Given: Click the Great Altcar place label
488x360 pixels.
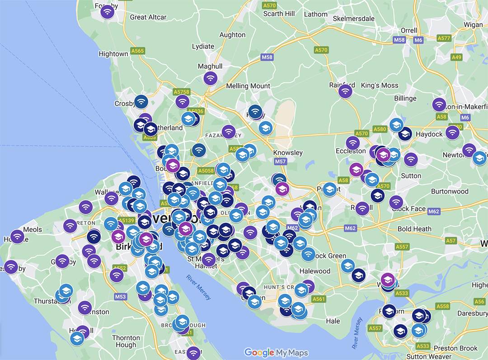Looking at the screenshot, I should click(x=148, y=17).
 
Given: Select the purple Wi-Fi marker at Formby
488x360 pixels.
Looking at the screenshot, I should click(x=108, y=11).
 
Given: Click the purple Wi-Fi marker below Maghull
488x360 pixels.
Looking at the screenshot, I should click(x=210, y=78).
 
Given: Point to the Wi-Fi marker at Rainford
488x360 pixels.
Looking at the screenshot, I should click(x=346, y=91).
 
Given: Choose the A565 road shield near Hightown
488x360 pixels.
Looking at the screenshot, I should click(x=137, y=51).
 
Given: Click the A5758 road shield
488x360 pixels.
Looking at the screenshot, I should click(x=182, y=92).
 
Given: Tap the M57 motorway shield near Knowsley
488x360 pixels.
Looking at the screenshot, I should click(x=280, y=161).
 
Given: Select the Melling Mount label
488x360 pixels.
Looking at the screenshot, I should click(x=248, y=86).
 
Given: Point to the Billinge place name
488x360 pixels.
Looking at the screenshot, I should click(x=405, y=98).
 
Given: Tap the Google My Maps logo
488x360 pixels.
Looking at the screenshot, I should click(x=276, y=352).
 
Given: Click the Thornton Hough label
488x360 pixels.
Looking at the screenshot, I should click(x=126, y=341).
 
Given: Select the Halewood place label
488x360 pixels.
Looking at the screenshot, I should click(x=315, y=271).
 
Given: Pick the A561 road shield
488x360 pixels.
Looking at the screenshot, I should click(x=319, y=299).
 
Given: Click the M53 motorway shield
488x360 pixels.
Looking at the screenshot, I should click(x=120, y=297).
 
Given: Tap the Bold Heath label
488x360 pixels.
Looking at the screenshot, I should click(x=414, y=229).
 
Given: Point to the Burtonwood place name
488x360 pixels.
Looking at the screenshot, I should click(x=450, y=191).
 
